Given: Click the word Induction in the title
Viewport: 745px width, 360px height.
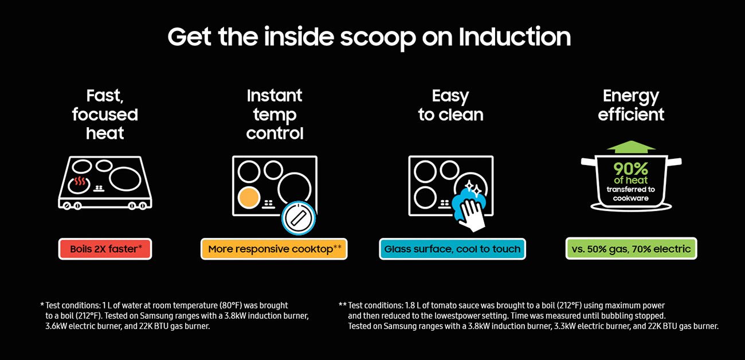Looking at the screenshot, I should (515, 37).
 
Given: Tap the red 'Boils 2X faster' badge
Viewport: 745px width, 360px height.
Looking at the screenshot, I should (105, 249).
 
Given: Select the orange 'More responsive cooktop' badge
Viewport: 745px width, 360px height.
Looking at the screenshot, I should (274, 249).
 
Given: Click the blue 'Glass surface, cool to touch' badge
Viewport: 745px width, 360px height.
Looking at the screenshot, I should (452, 249).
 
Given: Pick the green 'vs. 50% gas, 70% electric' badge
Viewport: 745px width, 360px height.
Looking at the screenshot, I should (631, 249).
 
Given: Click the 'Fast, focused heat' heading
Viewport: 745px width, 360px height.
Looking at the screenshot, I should (105, 115).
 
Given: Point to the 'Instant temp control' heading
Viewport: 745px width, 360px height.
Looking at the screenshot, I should (275, 115).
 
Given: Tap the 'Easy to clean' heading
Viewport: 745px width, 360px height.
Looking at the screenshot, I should (450, 105).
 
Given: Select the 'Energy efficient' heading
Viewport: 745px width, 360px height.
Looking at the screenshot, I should (631, 105).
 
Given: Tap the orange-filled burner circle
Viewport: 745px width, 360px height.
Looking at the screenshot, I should (249, 198).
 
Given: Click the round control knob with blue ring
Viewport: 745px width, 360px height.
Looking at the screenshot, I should (299, 217).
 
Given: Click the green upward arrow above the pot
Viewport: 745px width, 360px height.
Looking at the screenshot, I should (631, 147).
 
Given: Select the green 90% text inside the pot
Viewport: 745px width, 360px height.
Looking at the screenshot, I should (630, 169).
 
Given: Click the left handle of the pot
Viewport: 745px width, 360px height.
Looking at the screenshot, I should (587, 162).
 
